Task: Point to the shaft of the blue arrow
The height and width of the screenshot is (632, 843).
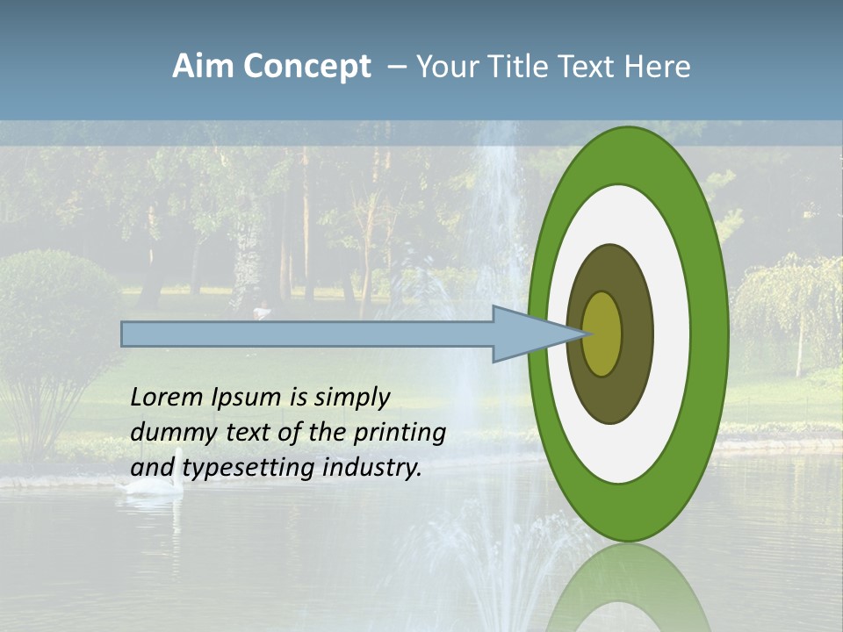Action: (x=307, y=334)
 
